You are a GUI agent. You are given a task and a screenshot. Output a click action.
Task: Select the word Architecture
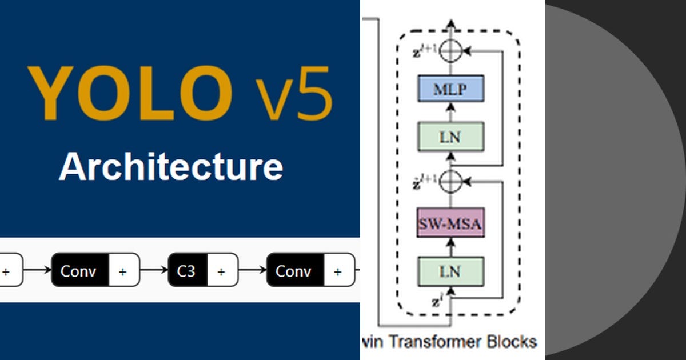pyautogui.click(x=170, y=167)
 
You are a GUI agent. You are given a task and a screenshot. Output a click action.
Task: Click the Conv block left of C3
pyautogui.click(x=79, y=271)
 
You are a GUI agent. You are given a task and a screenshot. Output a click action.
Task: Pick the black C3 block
pyautogui.click(x=187, y=271)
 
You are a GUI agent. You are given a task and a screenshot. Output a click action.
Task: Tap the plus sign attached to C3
pyautogui.click(x=221, y=271)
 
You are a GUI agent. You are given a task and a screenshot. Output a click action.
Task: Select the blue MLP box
pyautogui.click(x=450, y=89)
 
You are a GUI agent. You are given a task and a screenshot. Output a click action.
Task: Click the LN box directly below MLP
pyautogui.click(x=450, y=137)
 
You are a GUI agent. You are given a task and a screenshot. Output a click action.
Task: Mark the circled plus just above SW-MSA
pyautogui.click(x=452, y=181)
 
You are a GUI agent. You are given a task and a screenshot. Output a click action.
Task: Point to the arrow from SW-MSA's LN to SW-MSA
pyautogui.click(x=451, y=247)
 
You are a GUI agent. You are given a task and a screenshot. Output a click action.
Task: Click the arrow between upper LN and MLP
pyautogui.click(x=451, y=113)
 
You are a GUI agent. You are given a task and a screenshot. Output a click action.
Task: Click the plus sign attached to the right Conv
pyautogui.click(x=337, y=271)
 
